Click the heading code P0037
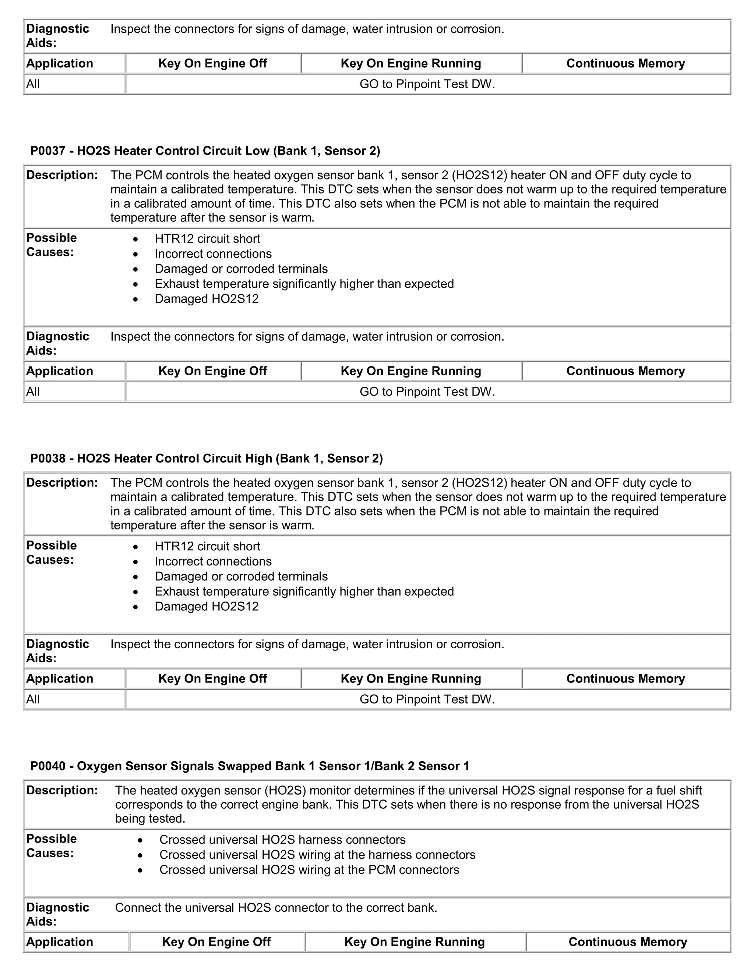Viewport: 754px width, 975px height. (47, 151)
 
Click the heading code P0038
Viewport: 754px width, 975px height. (47, 458)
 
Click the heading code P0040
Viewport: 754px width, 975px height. (47, 766)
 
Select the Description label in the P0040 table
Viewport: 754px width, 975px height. (61, 790)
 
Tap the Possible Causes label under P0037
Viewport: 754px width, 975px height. (52, 245)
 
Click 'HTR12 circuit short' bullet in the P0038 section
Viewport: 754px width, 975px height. (207, 546)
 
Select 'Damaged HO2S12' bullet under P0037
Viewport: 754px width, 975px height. (207, 299)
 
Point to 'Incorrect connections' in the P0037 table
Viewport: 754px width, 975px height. (213, 253)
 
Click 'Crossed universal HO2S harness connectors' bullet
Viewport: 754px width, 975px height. (282, 840)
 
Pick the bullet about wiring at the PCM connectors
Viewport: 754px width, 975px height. (309, 870)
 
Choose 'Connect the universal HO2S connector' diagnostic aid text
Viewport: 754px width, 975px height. (276, 908)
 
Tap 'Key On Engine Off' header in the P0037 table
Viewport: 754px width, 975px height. (213, 371)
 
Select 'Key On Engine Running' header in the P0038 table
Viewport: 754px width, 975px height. (411, 678)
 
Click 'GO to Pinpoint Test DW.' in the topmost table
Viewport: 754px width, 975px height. (427, 84)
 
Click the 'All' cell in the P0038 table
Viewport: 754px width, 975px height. (33, 699)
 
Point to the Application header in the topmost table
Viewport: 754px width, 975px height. (59, 63)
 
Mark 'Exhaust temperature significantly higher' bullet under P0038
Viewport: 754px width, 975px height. (304, 592)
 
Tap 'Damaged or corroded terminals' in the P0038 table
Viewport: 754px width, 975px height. (241, 576)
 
